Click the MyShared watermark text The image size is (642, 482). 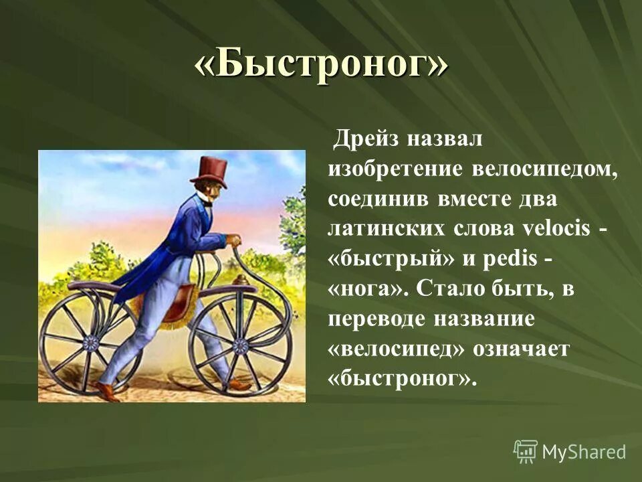click(583, 452)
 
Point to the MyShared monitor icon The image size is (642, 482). click(526, 452)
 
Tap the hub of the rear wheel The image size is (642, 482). click(90, 343)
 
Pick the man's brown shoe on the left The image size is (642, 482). click(107, 391)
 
